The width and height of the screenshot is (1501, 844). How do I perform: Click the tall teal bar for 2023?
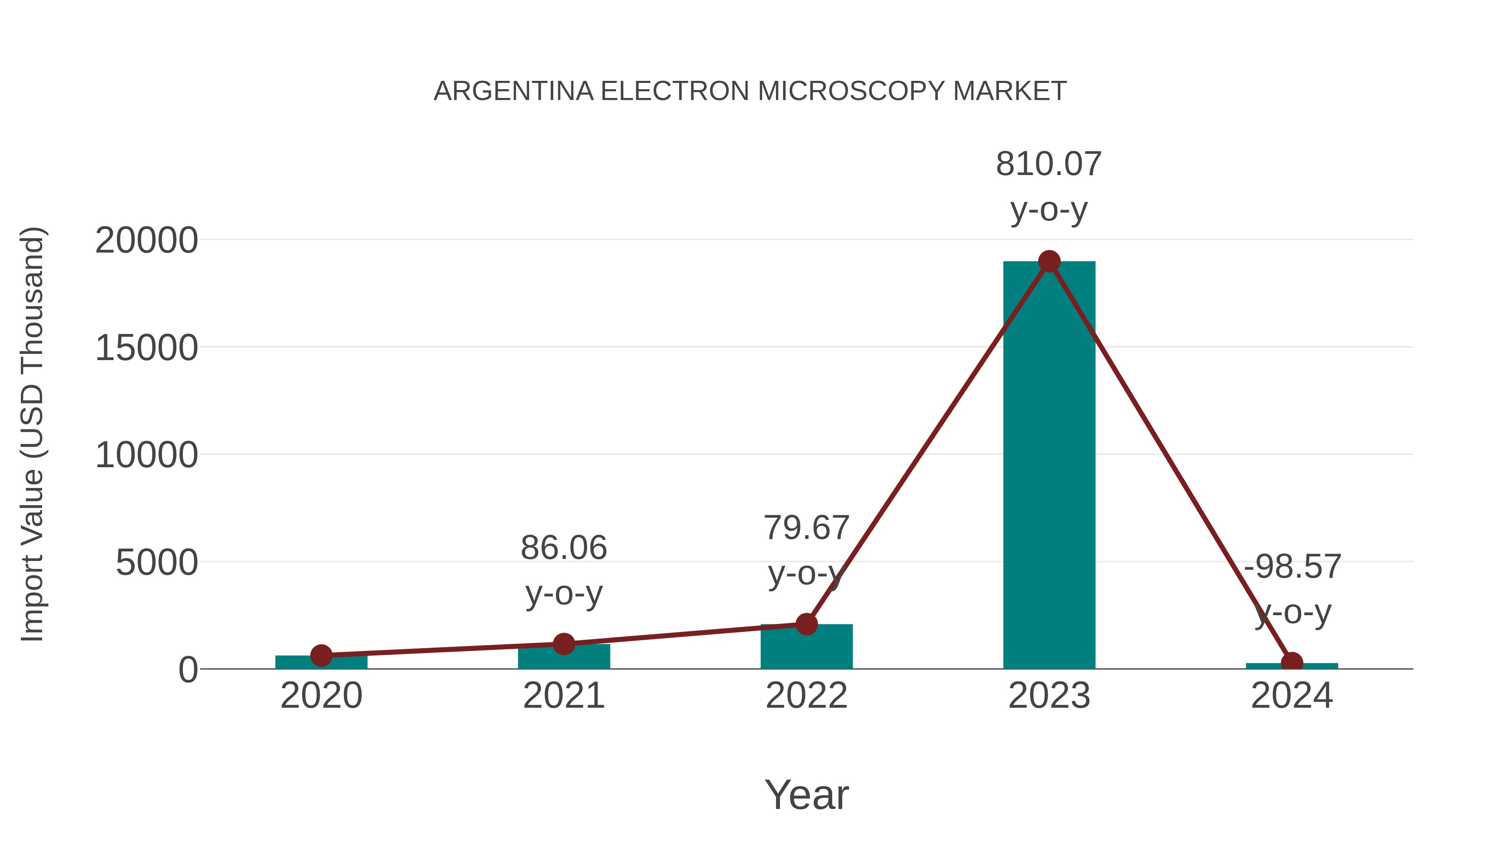[1049, 466]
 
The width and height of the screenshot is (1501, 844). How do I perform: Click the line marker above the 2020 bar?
[321, 655]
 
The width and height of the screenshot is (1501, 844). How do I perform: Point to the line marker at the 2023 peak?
[1049, 261]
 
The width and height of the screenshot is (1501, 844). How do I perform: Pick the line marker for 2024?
[1292, 663]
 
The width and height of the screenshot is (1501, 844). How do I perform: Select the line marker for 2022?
[806, 624]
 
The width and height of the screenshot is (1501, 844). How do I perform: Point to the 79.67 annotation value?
[806, 528]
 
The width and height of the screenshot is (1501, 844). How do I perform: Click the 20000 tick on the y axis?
[146, 240]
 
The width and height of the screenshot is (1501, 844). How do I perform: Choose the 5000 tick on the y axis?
[157, 563]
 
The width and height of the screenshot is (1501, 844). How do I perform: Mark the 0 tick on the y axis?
[188, 670]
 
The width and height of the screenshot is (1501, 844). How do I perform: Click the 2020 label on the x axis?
[321, 696]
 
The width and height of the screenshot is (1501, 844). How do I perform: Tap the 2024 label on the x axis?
[1292, 696]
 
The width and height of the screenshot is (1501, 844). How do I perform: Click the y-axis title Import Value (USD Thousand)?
[33, 434]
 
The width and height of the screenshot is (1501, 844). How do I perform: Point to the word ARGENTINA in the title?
[513, 91]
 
